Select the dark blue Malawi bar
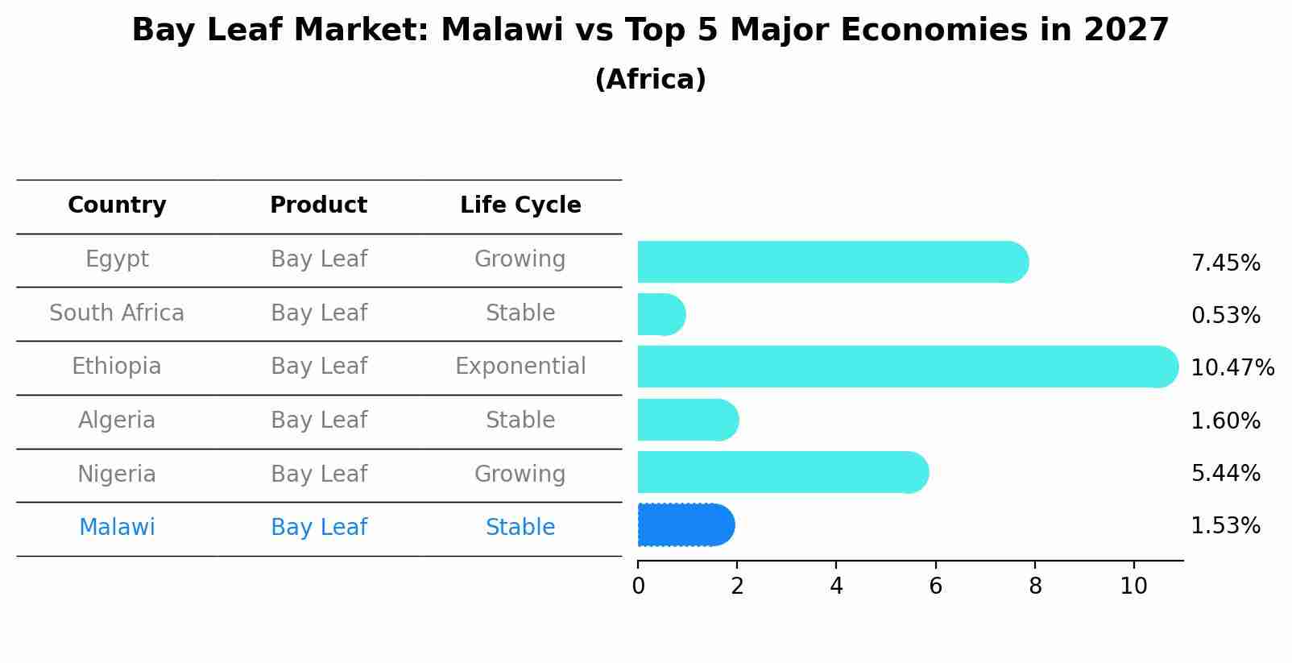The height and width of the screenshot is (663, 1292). [685, 525]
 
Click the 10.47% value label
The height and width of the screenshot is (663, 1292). [1232, 368]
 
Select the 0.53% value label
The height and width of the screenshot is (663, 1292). [1225, 316]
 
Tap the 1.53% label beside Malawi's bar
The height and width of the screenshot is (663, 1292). [1225, 526]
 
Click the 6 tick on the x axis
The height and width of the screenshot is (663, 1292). [935, 586]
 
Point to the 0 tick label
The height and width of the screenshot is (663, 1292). [638, 586]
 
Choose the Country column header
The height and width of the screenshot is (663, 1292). [117, 205]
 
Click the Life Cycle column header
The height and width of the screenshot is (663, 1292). [520, 205]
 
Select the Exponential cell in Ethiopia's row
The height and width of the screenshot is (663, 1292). [520, 367]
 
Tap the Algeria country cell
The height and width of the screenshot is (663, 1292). [117, 421]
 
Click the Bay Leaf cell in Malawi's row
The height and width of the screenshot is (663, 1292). [319, 528]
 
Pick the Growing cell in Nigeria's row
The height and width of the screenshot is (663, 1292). [520, 474]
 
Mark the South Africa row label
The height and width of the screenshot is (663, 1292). [117, 313]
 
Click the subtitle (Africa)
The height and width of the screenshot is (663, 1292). [650, 80]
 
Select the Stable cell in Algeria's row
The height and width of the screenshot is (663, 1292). [520, 421]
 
